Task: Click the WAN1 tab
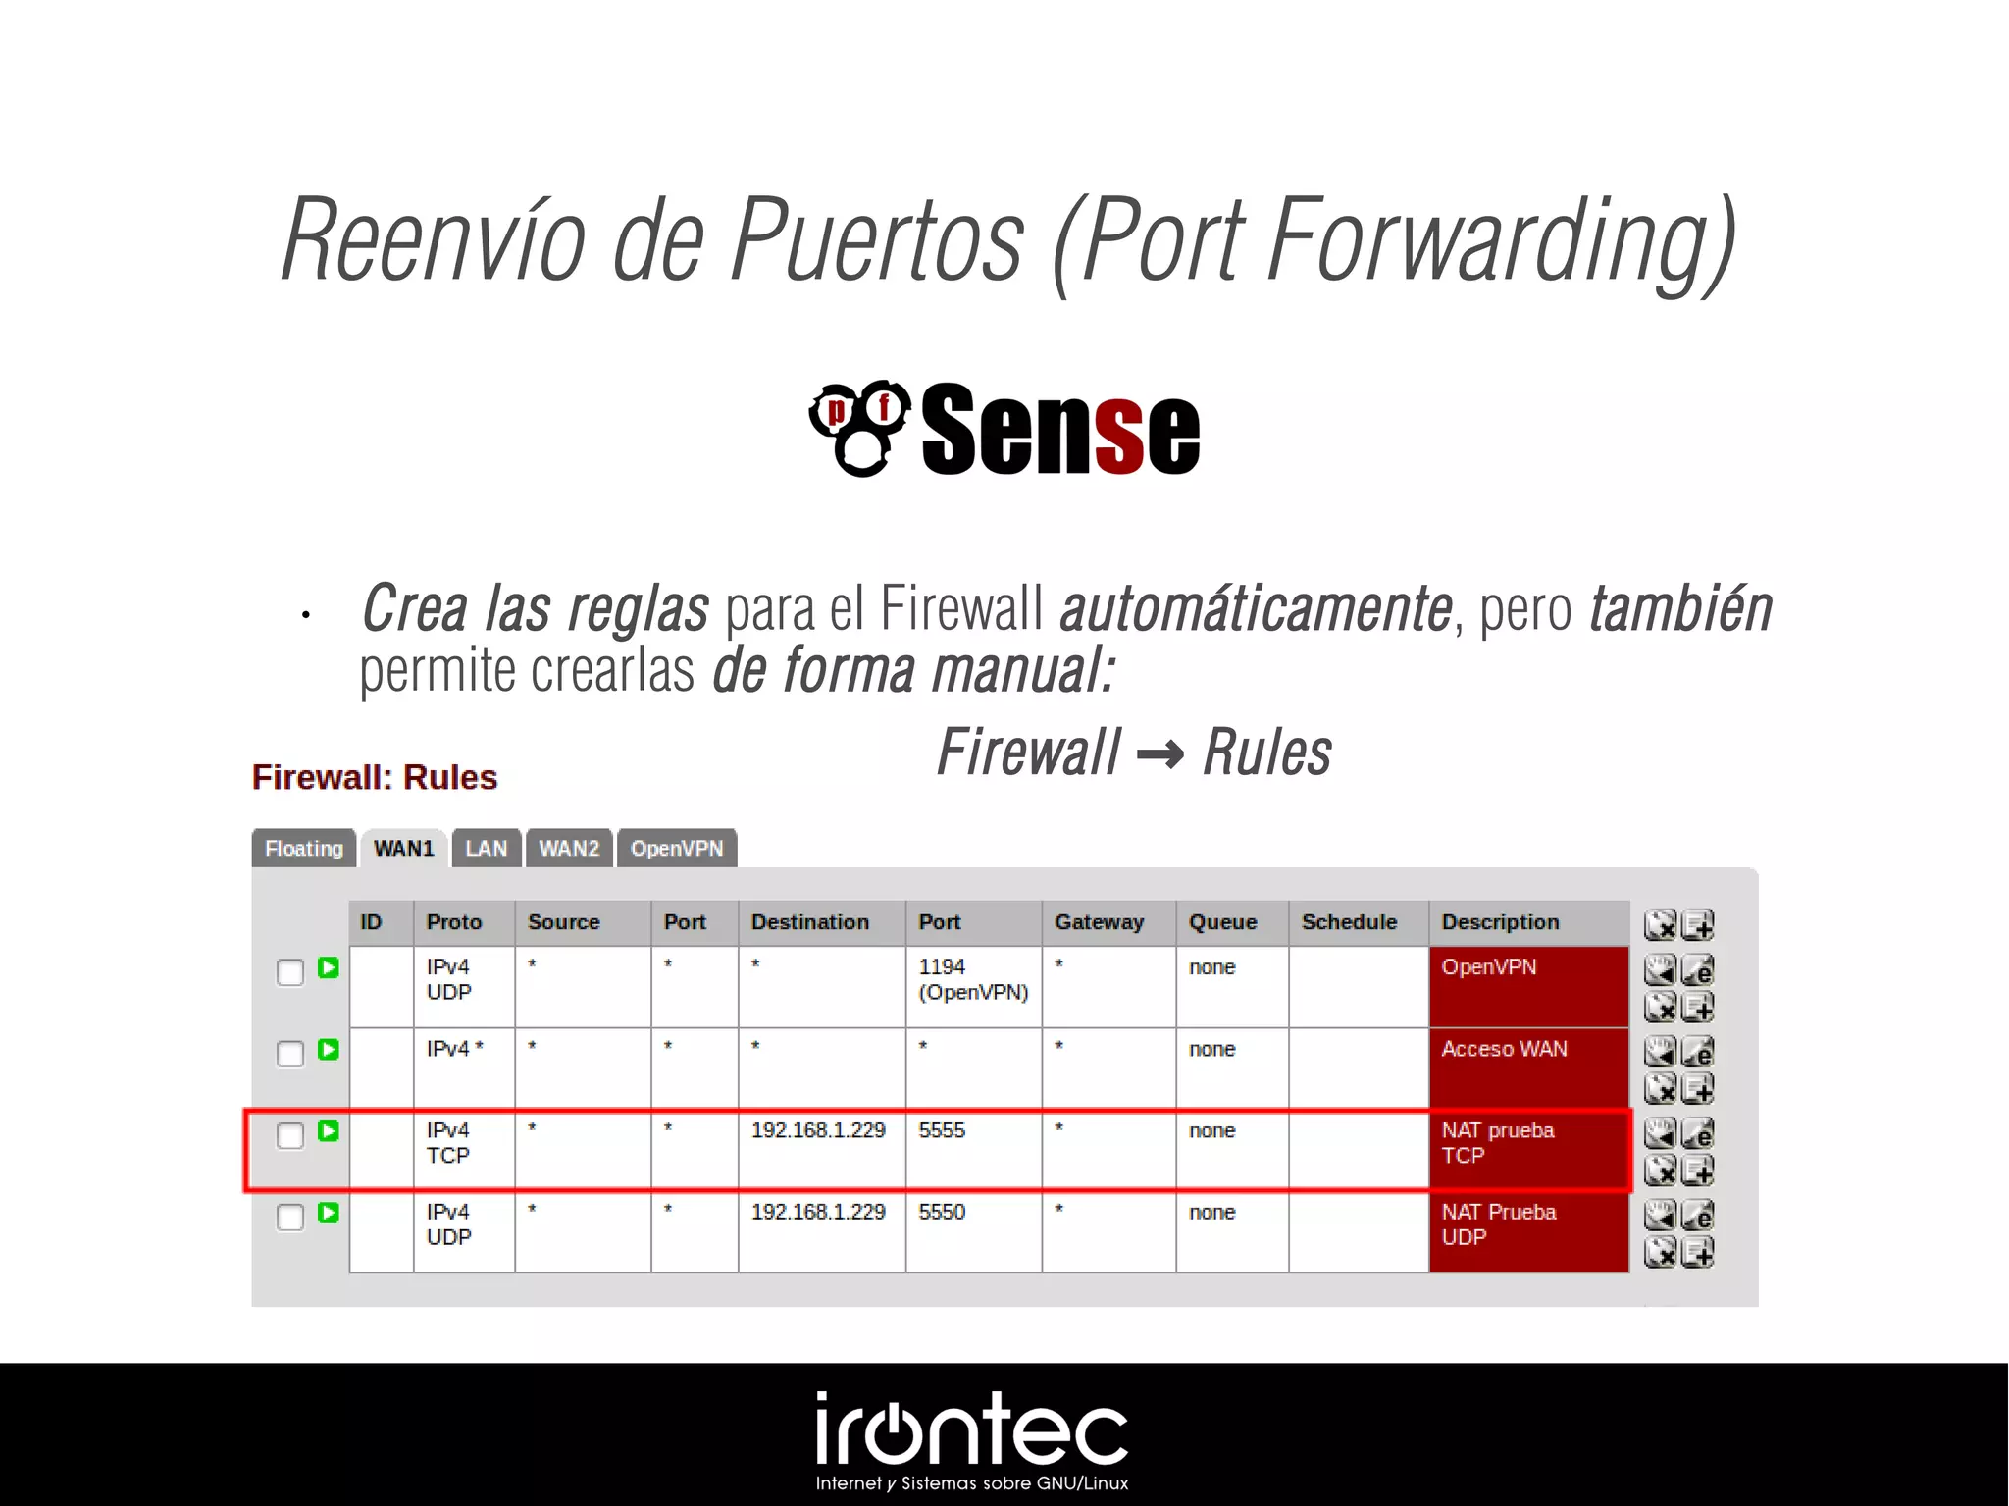point(403,849)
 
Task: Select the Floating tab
point(303,849)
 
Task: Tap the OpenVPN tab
point(676,849)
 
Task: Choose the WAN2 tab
point(569,849)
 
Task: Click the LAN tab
point(487,849)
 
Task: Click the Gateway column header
point(1099,922)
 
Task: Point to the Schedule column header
point(1349,922)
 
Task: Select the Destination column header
point(810,922)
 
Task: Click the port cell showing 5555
point(942,1130)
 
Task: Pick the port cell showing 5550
point(942,1213)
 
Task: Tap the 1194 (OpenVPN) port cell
point(972,980)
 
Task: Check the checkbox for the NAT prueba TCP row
point(290,1136)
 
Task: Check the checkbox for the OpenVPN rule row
point(290,973)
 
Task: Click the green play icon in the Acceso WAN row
point(329,1050)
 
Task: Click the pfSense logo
point(1004,429)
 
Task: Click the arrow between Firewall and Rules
point(1160,754)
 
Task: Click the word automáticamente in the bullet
point(1256,609)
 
